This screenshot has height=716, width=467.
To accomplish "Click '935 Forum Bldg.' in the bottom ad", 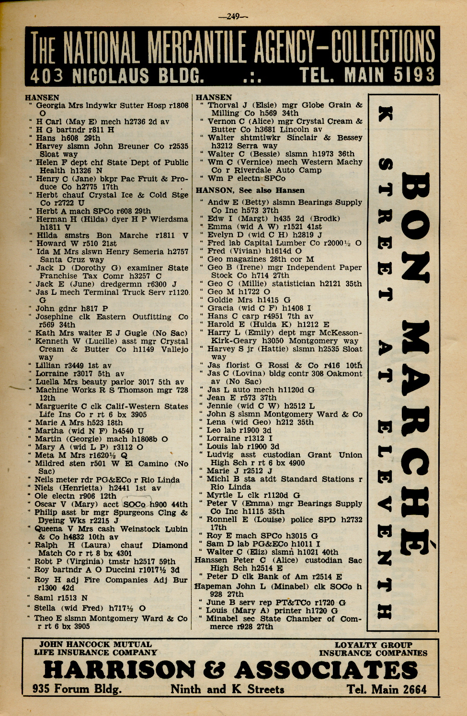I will (x=77, y=690).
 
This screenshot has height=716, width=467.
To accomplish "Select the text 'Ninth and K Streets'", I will (x=227, y=690).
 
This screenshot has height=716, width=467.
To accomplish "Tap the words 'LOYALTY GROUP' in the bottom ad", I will (x=373, y=645).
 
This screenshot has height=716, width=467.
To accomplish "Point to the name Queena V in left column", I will (x=56, y=529).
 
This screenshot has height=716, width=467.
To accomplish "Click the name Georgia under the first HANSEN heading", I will (x=51, y=105).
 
